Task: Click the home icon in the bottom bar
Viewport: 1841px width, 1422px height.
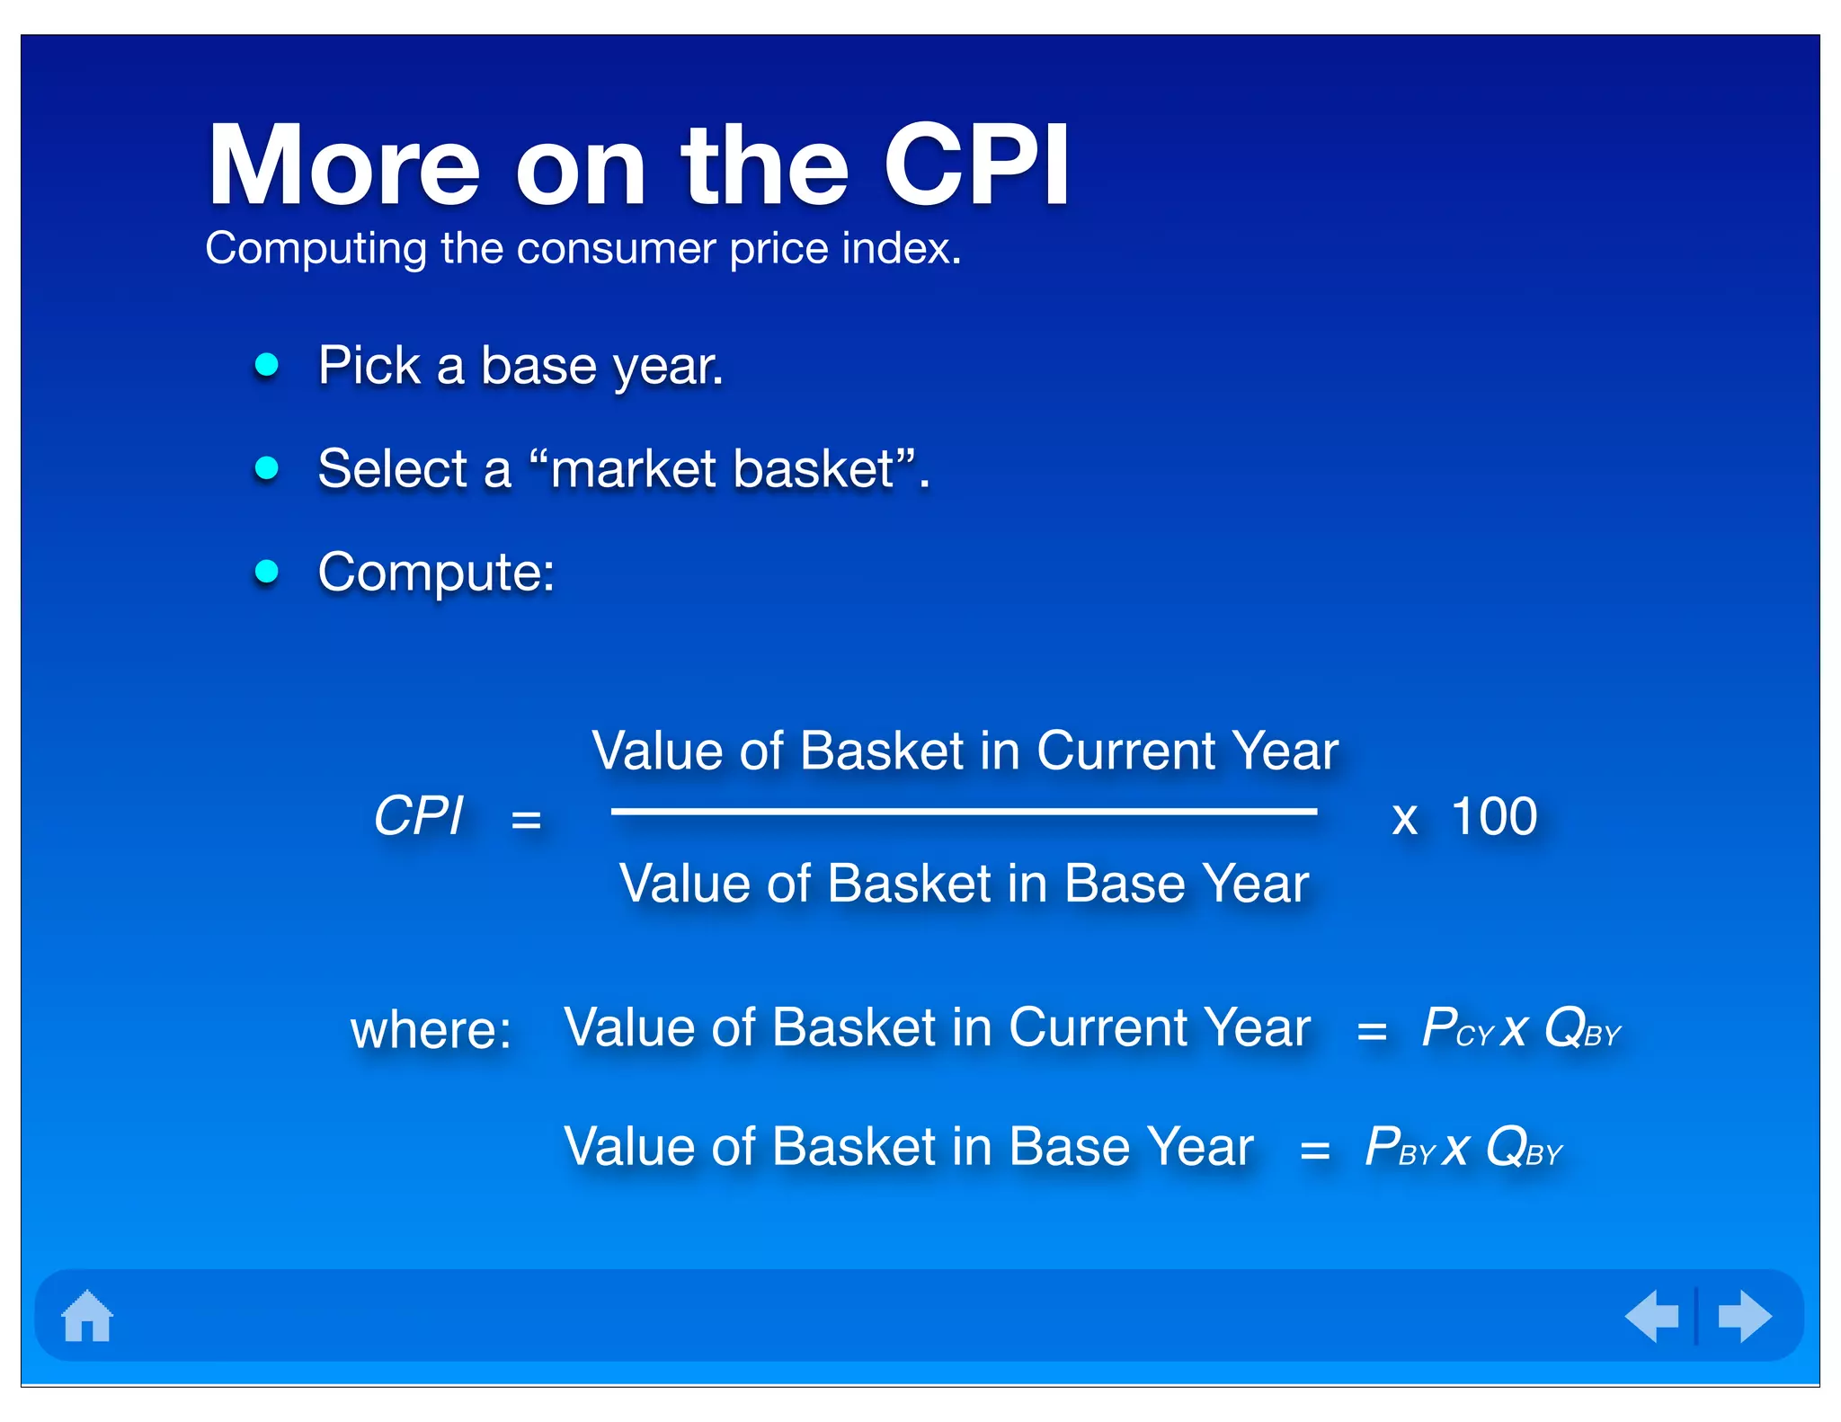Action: click(87, 1316)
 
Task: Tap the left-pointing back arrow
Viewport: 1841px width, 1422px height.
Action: click(1652, 1316)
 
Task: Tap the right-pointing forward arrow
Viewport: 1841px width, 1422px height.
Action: click(1744, 1316)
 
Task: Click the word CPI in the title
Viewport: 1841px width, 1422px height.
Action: click(976, 166)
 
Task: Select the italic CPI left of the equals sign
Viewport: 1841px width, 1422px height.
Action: click(418, 816)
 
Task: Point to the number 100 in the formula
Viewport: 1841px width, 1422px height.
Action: click(1494, 817)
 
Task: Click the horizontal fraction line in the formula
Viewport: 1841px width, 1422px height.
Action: click(964, 812)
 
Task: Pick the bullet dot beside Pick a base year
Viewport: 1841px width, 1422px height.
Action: click(267, 364)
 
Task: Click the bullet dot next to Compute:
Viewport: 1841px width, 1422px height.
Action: click(267, 571)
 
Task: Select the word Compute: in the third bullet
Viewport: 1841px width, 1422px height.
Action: click(436, 573)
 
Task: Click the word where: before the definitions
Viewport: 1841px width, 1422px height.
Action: click(431, 1029)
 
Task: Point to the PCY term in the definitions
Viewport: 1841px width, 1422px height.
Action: click(1456, 1028)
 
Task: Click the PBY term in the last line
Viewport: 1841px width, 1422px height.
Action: click(1399, 1148)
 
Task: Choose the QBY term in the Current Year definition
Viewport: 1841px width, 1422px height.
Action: click(1582, 1028)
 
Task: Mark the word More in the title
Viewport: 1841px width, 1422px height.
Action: click(344, 166)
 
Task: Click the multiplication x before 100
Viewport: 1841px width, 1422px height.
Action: click(1404, 819)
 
